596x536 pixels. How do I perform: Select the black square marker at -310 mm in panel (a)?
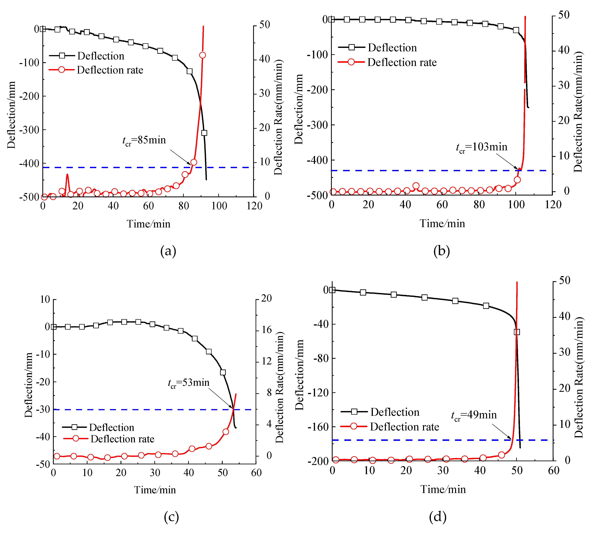(204, 133)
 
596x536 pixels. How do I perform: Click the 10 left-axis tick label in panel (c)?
(45, 299)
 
